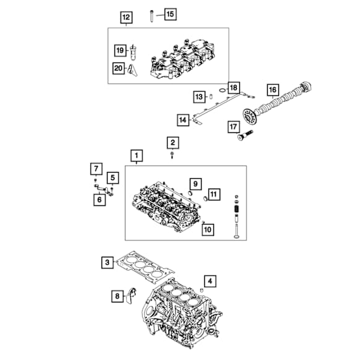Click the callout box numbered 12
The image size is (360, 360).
(126, 17)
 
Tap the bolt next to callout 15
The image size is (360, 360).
(152, 16)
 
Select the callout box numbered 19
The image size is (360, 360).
(120, 51)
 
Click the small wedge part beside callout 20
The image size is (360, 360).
(132, 70)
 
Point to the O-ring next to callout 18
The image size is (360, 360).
(222, 90)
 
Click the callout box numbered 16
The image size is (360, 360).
(273, 90)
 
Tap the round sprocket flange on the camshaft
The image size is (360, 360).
(249, 116)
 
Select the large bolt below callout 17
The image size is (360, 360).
(245, 135)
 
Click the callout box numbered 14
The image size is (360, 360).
(183, 120)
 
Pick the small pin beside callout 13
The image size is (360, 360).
(211, 96)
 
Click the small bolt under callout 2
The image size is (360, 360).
(172, 155)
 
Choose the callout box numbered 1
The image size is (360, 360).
(137, 156)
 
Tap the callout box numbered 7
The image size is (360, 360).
(96, 169)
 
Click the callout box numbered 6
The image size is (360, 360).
(100, 200)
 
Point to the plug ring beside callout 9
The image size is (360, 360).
(191, 192)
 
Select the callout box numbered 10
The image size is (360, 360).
(208, 229)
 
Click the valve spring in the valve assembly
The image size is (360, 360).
(236, 209)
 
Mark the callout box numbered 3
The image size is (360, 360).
(108, 263)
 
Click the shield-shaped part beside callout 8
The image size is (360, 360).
(131, 296)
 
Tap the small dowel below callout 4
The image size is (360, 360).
(202, 290)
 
